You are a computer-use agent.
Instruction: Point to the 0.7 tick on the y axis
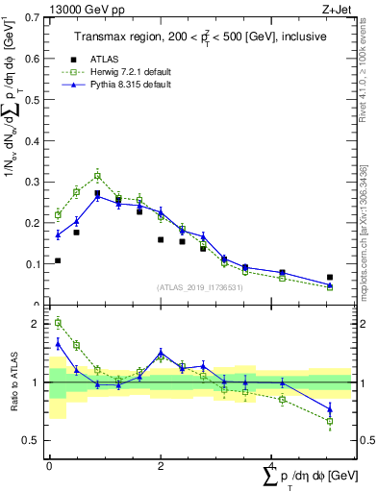(x=36, y=17)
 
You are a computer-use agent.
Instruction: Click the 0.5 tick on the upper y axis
(x=36, y=99)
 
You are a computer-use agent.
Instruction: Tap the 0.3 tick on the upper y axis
(x=36, y=182)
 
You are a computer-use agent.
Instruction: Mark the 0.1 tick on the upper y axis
(x=36, y=263)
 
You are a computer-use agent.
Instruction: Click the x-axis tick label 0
(x=49, y=464)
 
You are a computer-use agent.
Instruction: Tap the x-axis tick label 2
(x=160, y=464)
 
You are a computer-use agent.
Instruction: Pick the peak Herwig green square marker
(x=98, y=176)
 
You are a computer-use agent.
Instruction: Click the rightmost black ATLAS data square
(x=330, y=277)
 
